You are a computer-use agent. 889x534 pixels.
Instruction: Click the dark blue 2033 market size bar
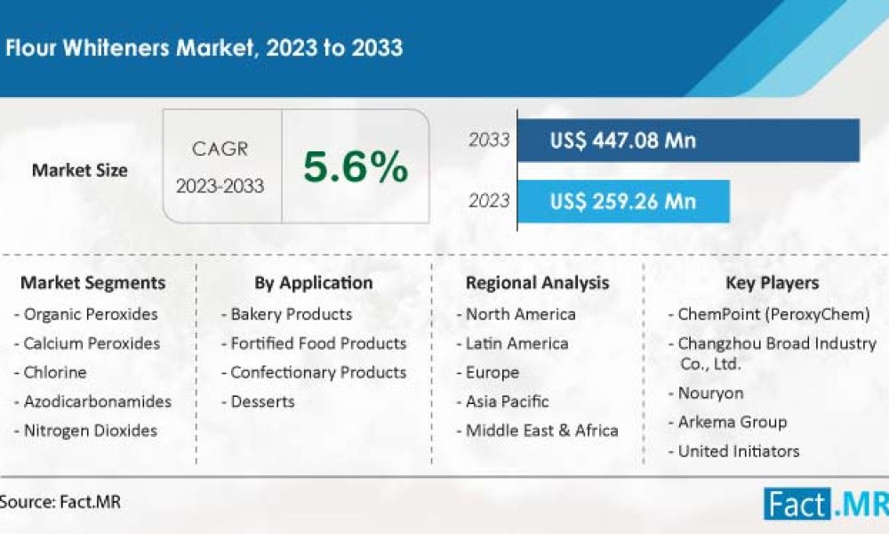coord(688,140)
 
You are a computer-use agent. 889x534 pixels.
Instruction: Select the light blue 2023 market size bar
coord(624,201)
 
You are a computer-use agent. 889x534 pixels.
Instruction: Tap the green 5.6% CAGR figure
coord(356,166)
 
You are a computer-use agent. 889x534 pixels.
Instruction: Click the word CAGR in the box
coord(220,150)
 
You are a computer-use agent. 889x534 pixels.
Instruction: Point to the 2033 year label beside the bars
coord(489,140)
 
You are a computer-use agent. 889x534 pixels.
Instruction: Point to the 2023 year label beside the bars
coord(489,201)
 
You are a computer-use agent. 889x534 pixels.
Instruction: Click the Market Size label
coord(79,170)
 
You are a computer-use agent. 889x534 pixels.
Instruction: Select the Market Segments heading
coord(93,283)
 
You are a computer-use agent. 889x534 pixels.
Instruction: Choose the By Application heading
coord(314,283)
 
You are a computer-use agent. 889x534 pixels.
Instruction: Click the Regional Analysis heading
coord(538,283)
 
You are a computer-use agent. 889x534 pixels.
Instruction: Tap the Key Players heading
coord(773,283)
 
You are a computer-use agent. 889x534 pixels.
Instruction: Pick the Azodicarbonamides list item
coord(93,401)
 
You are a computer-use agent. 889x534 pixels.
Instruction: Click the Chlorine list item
coord(51,372)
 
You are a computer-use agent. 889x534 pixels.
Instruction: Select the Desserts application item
coord(258,401)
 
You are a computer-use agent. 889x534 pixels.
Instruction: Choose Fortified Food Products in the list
coord(314,344)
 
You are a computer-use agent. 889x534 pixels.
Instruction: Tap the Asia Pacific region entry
coord(503,401)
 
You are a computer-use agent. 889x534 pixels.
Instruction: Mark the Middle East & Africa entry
coord(538,431)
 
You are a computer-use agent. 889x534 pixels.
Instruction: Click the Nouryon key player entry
coord(706,393)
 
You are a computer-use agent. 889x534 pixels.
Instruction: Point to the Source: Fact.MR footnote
coord(60,502)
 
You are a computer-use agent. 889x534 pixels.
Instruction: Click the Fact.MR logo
coord(826,504)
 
